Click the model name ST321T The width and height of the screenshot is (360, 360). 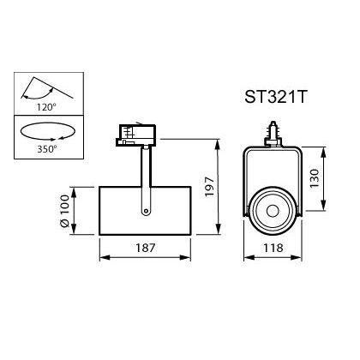point(275,97)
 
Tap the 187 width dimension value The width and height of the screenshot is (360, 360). point(145,248)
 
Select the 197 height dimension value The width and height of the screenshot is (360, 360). point(210,187)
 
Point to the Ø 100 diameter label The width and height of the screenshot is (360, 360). point(64,211)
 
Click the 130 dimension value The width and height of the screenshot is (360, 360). point(315,178)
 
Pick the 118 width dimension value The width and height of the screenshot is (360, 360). point(273,248)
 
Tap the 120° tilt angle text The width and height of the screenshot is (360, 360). point(46,107)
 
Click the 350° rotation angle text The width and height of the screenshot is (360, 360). point(47,149)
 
